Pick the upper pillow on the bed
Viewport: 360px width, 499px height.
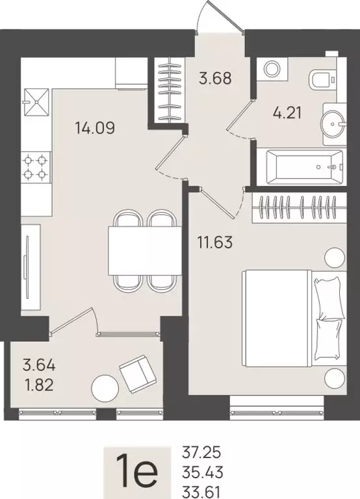click(328, 294)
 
